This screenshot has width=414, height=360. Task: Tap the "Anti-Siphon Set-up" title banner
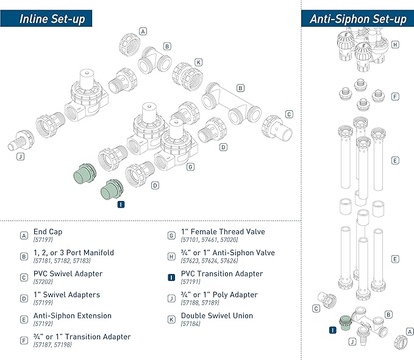coord(357,18)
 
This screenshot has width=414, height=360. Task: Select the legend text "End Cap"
coord(48,232)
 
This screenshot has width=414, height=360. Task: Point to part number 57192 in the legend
coord(43,325)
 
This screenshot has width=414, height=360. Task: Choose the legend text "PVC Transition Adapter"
coord(222,274)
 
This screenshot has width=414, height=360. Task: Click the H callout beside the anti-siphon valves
coord(395,44)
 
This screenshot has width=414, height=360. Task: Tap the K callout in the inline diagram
coord(198,62)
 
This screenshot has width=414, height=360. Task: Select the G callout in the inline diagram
coord(191,166)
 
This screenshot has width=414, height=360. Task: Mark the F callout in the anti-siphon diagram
coord(395,96)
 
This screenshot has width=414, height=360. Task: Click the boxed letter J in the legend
coord(171,298)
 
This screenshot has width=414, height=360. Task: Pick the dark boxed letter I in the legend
coord(171,277)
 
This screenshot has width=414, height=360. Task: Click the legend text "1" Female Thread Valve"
coord(223,232)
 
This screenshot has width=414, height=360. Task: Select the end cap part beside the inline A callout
coord(129,46)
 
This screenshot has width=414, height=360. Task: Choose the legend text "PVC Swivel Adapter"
coord(67,274)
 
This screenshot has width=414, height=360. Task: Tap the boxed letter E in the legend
coord(24,319)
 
